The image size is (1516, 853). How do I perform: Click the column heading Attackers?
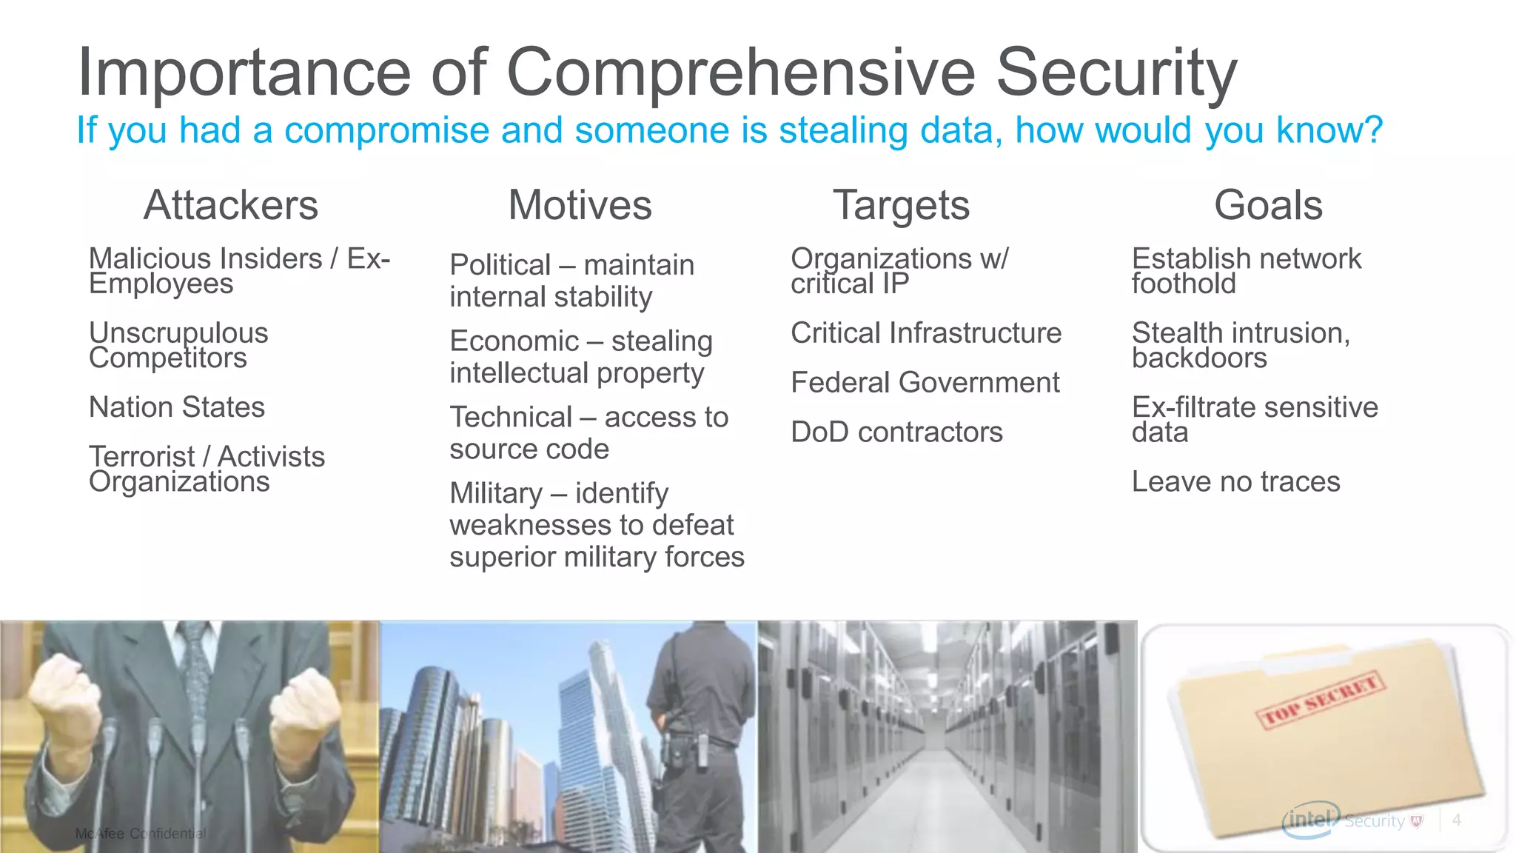click(231, 205)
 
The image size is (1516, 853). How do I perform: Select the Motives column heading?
click(580, 205)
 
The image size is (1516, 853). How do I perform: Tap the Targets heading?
click(901, 205)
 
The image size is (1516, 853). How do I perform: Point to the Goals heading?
click(1268, 205)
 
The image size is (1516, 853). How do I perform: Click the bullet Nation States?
click(177, 407)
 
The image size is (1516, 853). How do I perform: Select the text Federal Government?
click(925, 383)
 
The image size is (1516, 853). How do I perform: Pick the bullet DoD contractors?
click(896, 432)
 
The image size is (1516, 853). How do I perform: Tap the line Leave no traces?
click(1235, 482)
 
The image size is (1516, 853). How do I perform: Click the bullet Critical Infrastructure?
click(925, 333)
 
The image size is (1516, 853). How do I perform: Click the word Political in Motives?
click(500, 265)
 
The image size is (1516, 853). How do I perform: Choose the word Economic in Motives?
click(514, 341)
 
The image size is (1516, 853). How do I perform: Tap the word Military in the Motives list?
click(496, 493)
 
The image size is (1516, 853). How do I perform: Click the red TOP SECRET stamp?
click(1320, 700)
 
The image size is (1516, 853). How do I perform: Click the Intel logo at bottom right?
click(1310, 820)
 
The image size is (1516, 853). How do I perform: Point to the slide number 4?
click(1457, 820)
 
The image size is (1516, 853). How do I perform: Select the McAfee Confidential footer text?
click(141, 834)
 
